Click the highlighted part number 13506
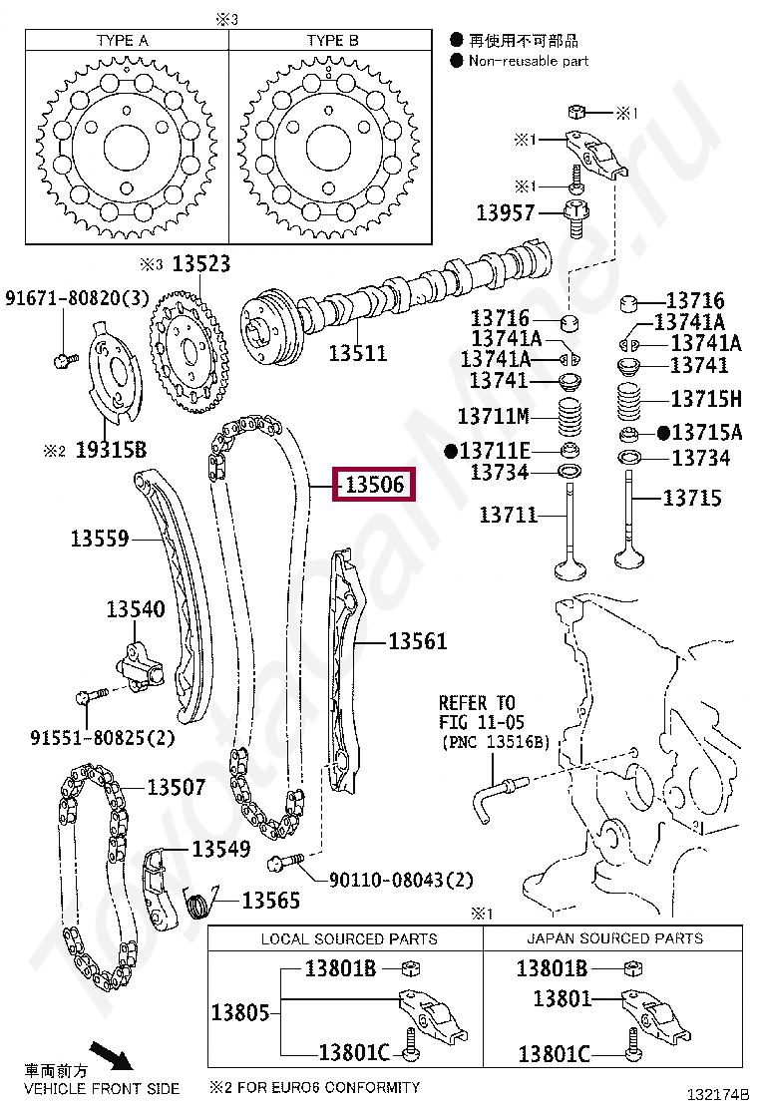[375, 485]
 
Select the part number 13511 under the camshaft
[357, 353]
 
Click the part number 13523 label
[200, 264]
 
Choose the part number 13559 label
[100, 539]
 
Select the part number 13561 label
[417, 641]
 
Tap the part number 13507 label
[177, 788]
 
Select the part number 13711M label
[493, 416]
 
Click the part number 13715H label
[706, 399]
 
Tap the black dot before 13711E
[450, 452]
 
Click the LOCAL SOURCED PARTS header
[348, 938]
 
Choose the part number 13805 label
[239, 1012]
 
